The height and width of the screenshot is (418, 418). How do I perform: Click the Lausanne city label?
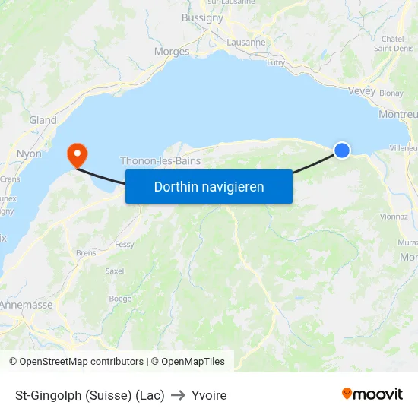pos(246,43)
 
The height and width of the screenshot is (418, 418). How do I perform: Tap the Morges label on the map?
pos(171,52)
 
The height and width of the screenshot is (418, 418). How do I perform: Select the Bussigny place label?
pos(202,17)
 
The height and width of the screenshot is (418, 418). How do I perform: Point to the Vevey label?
pos(361,90)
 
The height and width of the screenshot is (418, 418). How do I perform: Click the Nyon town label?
pos(29,154)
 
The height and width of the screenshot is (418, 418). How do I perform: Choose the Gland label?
pos(43,120)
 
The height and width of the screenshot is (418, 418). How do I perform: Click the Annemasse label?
pos(27,305)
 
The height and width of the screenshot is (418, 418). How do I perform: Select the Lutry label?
pos(276,62)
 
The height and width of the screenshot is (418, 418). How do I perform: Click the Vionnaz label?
pos(394,217)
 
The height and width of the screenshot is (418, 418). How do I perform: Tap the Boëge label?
pos(120,299)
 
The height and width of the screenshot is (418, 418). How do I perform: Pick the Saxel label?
pos(115,271)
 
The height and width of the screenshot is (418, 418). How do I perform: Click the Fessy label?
pos(125,245)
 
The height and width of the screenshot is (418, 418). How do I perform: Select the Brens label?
pos(85,252)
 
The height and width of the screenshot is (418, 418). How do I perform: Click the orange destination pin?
pos(78,155)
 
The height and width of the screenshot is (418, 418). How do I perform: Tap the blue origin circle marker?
pos(342,150)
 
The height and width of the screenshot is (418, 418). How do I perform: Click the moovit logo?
pos(372,394)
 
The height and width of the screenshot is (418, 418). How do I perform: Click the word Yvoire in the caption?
pos(209,395)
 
